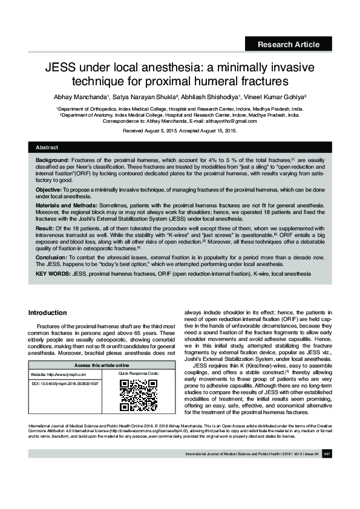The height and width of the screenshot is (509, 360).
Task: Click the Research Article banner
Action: tap(289, 44)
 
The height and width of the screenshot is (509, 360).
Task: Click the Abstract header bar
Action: tap(180, 148)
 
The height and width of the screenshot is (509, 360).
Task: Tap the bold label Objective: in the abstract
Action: tap(51, 190)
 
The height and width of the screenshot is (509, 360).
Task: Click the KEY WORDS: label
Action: tap(53, 274)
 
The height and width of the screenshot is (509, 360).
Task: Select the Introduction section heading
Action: tap(48, 313)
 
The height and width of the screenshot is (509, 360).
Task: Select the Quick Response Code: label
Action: tap(139, 375)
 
